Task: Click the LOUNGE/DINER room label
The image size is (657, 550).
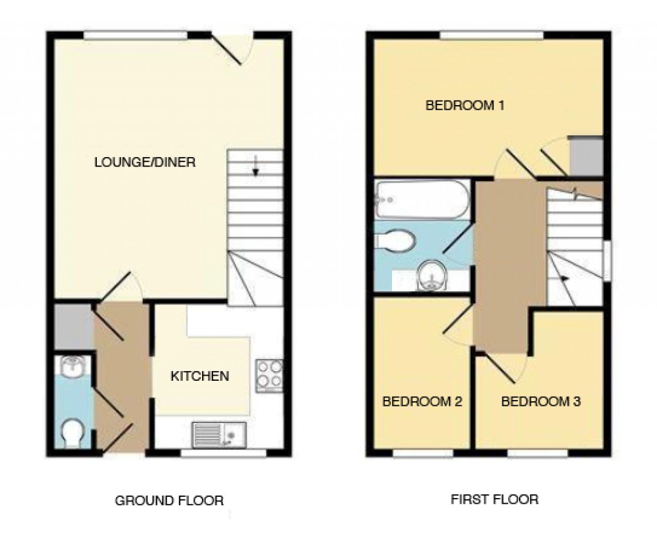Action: click(144, 162)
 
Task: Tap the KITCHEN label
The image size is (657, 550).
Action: click(200, 376)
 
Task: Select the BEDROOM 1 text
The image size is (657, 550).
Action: click(465, 104)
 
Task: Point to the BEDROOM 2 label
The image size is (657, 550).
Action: click(422, 402)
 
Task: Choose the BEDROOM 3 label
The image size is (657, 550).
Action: click(541, 402)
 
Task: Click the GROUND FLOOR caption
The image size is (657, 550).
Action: click(169, 500)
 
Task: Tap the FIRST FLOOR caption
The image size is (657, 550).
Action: click(494, 499)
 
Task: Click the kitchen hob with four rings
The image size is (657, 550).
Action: click(269, 374)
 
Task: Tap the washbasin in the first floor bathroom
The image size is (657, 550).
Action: click(431, 276)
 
